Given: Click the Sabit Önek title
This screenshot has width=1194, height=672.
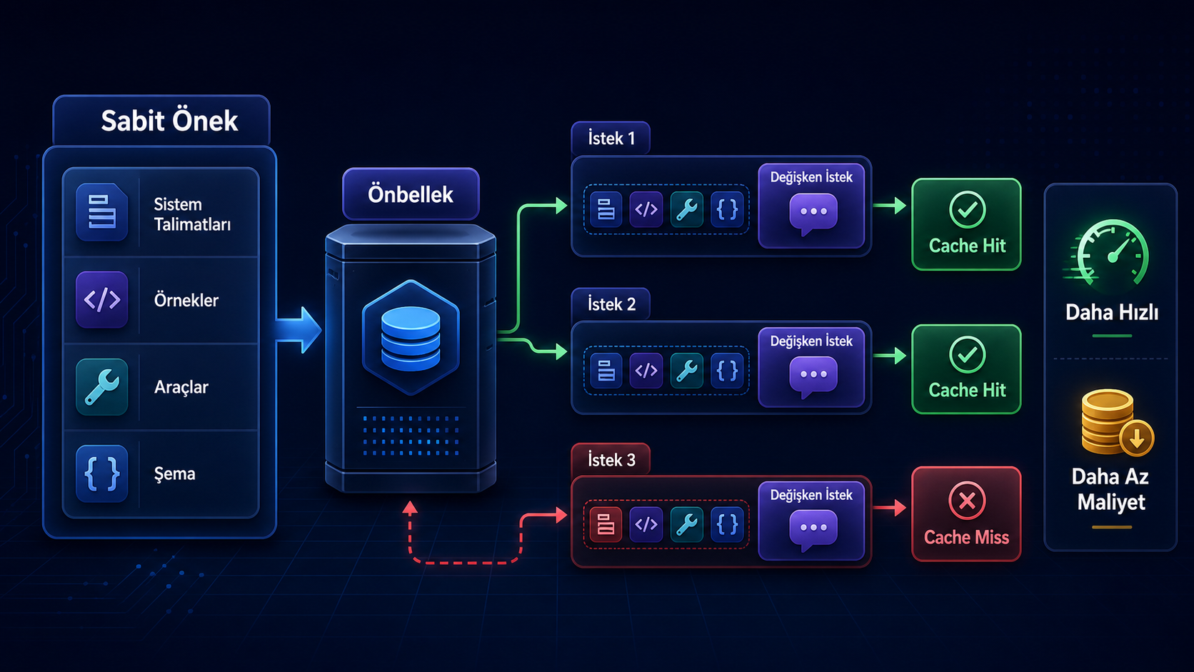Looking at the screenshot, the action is pos(169,121).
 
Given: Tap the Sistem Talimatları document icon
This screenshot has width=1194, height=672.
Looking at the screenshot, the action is pos(102,212).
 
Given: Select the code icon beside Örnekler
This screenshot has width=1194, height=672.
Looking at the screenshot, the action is pos(102,299).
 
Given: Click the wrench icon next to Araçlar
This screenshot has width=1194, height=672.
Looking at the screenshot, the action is pos(102,387).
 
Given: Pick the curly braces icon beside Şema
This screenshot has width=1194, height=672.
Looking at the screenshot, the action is pos(102,473).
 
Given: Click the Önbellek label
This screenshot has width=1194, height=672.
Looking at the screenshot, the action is pos(411,194).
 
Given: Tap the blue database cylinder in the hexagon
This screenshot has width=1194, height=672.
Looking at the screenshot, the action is pos(411,338).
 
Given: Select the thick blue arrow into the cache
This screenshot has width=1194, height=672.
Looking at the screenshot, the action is pos(299,329).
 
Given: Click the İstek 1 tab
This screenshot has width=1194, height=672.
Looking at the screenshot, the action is pos(611,139).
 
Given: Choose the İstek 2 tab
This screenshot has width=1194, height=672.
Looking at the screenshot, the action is pos(611,304).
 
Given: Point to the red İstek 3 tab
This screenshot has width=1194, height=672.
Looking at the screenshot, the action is pos(611,459).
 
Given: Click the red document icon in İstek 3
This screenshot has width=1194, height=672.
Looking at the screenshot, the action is pos(606,524).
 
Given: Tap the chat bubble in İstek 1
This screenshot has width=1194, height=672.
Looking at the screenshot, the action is pos(813,214).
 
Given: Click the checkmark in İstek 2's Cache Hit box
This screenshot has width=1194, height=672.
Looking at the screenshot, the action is pos(967,355).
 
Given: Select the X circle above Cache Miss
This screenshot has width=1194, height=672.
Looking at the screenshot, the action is pos(966,501).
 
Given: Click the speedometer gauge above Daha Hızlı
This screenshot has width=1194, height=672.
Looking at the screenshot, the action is pos(1109,255).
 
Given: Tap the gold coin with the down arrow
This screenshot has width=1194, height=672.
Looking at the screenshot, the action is pos(1136,438).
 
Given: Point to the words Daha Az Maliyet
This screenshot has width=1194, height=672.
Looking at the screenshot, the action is pos(1111,489).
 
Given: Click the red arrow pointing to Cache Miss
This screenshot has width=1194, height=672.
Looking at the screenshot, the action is pos(889,507).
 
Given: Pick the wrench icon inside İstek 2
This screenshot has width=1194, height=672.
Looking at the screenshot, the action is pos(686,371).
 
